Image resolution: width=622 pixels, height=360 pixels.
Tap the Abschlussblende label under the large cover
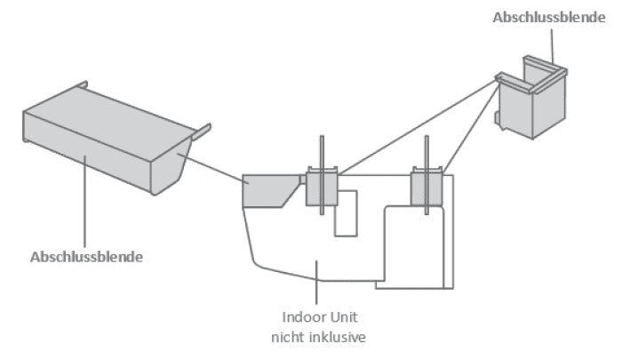tap(87, 257)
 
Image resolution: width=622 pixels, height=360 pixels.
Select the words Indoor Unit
tap(317, 317)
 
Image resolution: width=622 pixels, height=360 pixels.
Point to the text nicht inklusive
tap(317, 336)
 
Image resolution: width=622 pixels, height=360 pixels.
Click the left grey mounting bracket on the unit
tap(322, 186)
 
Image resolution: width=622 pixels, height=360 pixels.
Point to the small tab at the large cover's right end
tap(203, 131)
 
